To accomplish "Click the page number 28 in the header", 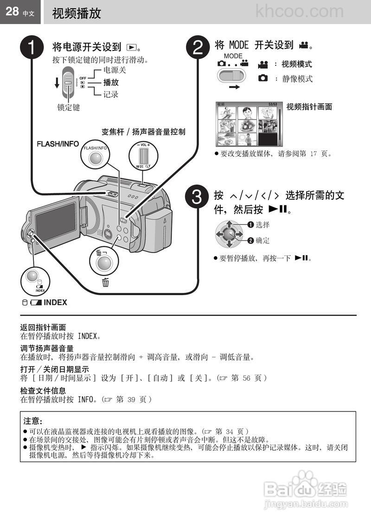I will click(x=12, y=12).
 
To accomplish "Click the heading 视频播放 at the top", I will click(x=77, y=13).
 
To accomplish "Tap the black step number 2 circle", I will click(x=198, y=48).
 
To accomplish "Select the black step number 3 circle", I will click(x=198, y=198).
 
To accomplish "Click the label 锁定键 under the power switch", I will click(x=69, y=108).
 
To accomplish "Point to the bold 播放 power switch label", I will click(x=111, y=82).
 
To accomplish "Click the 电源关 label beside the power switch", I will click(x=115, y=70).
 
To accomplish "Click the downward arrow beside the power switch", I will click(x=57, y=83).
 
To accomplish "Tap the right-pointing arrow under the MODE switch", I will click(x=235, y=87).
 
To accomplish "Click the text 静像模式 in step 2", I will click(x=297, y=79).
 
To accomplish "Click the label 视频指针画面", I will click(x=309, y=107).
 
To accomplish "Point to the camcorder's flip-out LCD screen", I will click(x=55, y=221).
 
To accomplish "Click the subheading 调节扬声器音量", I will click(x=46, y=348).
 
